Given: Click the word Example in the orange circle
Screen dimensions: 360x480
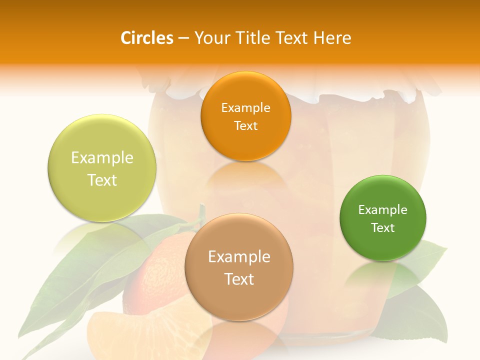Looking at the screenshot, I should click(x=245, y=108).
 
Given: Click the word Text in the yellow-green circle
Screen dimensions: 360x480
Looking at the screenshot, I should click(x=102, y=180).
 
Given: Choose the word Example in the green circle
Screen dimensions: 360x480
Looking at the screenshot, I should click(x=383, y=210).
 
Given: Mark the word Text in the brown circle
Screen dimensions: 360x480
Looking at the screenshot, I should click(x=239, y=279).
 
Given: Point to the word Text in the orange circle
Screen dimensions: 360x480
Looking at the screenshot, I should click(x=245, y=126).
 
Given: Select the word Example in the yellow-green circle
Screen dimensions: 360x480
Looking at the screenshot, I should click(x=102, y=158).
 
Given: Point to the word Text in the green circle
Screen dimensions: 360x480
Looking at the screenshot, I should click(x=383, y=228).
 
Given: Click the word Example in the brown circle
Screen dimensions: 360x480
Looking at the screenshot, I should click(x=239, y=257).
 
